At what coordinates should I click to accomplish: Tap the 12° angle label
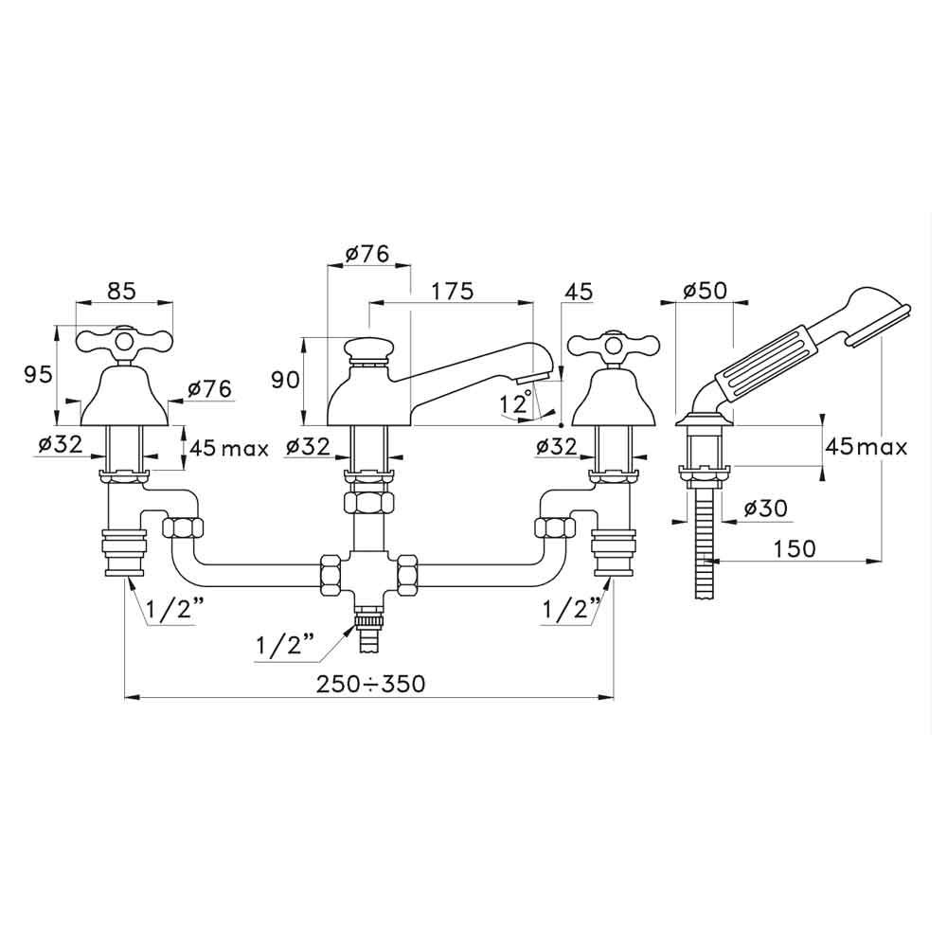(513, 403)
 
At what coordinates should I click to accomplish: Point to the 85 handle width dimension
(120, 292)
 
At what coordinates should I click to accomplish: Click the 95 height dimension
(37, 376)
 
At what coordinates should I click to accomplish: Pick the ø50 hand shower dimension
(706, 291)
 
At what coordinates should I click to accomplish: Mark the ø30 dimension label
(764, 509)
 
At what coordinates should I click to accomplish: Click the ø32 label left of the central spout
(304, 445)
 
